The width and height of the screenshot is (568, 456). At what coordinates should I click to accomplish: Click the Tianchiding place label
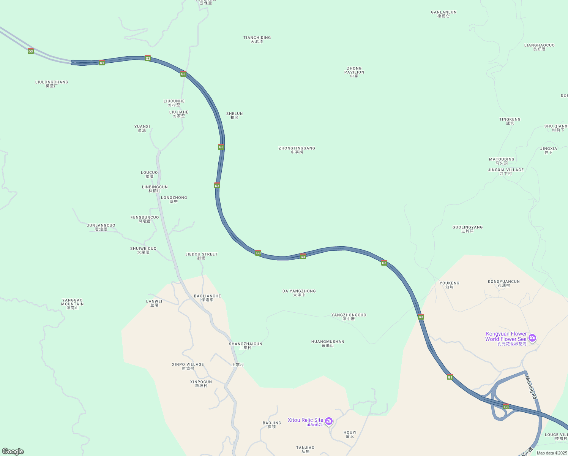pyautogui.click(x=257, y=40)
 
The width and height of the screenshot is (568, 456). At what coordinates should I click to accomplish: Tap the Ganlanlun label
pyautogui.click(x=443, y=14)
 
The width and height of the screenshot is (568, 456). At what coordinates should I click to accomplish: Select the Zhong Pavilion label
pyautogui.click(x=354, y=72)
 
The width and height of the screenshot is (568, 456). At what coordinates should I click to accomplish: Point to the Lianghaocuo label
pyautogui.click(x=539, y=47)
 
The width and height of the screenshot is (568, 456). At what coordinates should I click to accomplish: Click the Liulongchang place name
pyautogui.click(x=52, y=84)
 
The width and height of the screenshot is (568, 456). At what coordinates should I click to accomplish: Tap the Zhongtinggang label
pyautogui.click(x=297, y=150)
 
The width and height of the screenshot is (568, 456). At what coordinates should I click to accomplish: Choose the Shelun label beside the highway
pyautogui.click(x=234, y=116)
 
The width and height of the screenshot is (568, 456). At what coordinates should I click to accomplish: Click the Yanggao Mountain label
pyautogui.click(x=72, y=304)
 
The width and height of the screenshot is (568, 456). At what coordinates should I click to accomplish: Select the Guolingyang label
pyautogui.click(x=467, y=229)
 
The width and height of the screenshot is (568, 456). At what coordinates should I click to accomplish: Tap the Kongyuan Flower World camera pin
pyautogui.click(x=532, y=337)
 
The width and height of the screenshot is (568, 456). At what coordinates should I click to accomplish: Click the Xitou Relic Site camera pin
pyautogui.click(x=329, y=421)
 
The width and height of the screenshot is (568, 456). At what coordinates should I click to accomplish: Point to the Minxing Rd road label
pyautogui.click(x=532, y=388)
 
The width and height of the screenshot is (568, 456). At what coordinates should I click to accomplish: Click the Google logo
pyautogui.click(x=13, y=451)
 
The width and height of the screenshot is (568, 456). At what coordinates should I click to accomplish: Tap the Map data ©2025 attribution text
pyautogui.click(x=552, y=453)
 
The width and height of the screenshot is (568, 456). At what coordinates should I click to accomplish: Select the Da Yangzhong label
pyautogui.click(x=299, y=293)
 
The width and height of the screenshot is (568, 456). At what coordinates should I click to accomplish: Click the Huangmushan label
pyautogui.click(x=328, y=344)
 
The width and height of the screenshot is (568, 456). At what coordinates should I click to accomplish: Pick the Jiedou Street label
pyautogui.click(x=201, y=256)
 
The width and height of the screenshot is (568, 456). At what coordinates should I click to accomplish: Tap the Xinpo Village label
pyautogui.click(x=188, y=366)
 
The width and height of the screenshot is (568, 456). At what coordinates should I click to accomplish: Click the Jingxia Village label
pyautogui.click(x=506, y=172)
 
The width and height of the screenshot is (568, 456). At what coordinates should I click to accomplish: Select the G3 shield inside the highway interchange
pyautogui.click(x=506, y=407)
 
